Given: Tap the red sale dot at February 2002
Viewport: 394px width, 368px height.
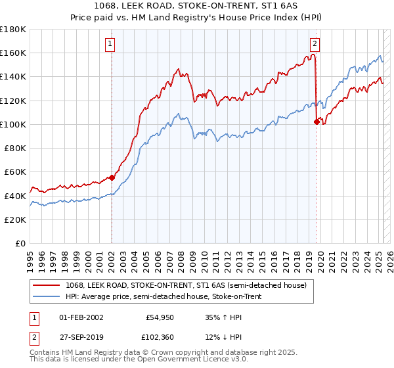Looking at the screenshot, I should click(112, 177).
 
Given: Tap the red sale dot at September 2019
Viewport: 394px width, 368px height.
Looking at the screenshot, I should click(317, 121).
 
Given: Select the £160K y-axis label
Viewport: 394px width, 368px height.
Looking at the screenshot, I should click(14, 53).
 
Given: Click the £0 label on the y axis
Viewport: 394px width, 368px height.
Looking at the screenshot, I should click(20, 243).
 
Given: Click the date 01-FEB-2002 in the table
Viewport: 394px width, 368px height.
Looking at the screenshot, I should click(81, 317).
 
